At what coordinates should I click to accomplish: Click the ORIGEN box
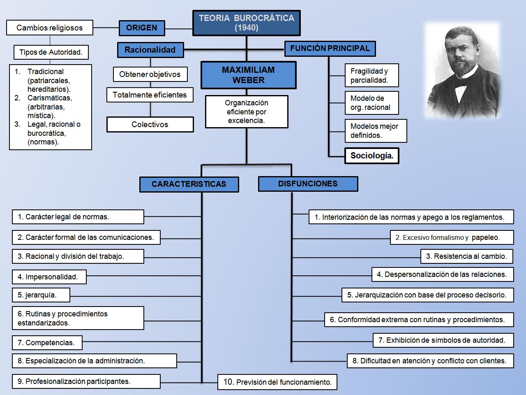142,28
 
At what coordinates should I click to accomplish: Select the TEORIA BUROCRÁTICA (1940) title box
247,23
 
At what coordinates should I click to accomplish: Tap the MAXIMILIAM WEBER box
248,75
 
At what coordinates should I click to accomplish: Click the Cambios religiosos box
49,28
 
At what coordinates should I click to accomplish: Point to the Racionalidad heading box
150,50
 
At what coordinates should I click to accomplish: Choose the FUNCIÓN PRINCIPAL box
330,49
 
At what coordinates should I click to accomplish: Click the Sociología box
371,156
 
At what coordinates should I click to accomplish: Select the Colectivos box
150,125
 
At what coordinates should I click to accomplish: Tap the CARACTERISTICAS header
189,184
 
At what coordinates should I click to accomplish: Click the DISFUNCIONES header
308,184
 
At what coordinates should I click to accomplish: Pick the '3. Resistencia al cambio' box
467,256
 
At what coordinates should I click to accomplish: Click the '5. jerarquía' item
41,295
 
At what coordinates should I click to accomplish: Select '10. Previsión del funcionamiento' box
277,382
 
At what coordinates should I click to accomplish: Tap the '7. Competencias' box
47,343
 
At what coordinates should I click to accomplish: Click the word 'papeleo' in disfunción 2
485,237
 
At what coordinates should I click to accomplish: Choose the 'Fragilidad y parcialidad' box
371,76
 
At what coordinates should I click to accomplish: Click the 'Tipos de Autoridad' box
51,52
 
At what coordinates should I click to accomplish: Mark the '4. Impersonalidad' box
49,277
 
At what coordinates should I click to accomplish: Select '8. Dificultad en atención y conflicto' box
430,361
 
